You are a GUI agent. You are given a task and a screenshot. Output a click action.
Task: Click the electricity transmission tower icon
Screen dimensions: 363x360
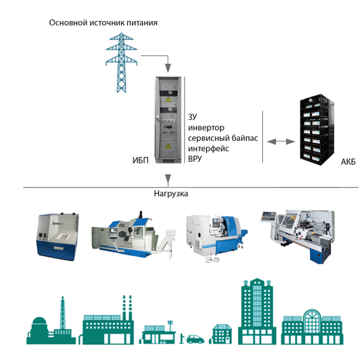pyautogui.click(x=121, y=62)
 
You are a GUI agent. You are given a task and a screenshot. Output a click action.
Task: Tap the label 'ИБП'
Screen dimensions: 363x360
pyautogui.click(x=140, y=160)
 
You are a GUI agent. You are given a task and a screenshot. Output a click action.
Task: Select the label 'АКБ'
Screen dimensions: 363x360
pyautogui.click(x=348, y=162)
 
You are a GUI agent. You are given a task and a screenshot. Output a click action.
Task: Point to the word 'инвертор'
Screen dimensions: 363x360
pyautogui.click(x=206, y=128)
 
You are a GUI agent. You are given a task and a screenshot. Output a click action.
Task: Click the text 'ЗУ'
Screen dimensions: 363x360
pyautogui.click(x=192, y=117)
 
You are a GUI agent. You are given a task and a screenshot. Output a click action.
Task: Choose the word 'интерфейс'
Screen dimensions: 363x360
pyautogui.click(x=208, y=149)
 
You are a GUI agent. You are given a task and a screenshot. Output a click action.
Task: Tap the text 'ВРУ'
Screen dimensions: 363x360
pyautogui.click(x=195, y=159)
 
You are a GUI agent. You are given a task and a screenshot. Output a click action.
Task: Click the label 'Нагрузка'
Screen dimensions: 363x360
pyautogui.click(x=171, y=194)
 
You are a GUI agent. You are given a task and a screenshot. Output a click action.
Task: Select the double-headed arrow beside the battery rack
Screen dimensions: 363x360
pyautogui.click(x=281, y=142)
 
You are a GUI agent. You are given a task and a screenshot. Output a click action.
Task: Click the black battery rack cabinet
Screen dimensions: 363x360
pyautogui.click(x=317, y=130)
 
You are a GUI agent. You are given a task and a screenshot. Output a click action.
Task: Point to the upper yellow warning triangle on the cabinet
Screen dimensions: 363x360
pyautogui.click(x=168, y=99)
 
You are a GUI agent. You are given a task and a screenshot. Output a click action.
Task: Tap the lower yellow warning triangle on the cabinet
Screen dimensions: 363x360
pyautogui.click(x=168, y=146)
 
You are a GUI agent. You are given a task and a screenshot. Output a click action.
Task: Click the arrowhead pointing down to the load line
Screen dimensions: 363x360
pyautogui.click(x=168, y=180)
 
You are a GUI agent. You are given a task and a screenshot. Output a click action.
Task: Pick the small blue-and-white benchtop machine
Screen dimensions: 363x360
pyautogui.click(x=58, y=237)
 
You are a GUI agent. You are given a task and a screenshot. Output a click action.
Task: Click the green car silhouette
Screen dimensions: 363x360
pyautogui.click(x=195, y=339)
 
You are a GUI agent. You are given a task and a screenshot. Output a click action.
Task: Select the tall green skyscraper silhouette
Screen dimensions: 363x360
pyautogui.click(x=257, y=311)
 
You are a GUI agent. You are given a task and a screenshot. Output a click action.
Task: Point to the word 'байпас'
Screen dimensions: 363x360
pyautogui.click(x=245, y=138)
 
